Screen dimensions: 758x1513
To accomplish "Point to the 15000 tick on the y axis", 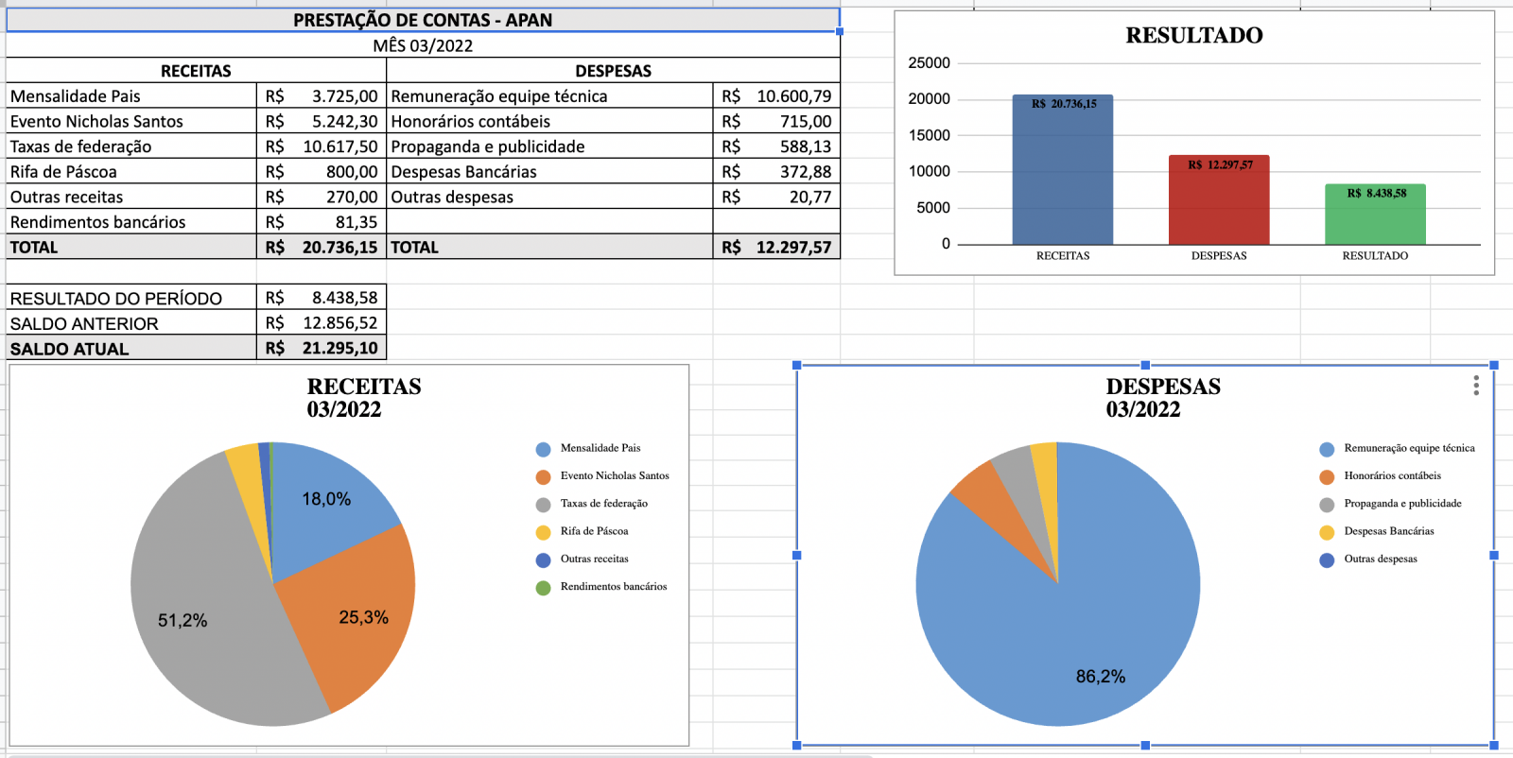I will coord(929,135).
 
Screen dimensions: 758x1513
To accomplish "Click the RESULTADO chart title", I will coord(1193,36).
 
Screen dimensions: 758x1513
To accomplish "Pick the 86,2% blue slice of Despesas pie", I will coord(1087,643).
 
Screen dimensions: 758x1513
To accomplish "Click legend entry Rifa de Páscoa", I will coord(594,531).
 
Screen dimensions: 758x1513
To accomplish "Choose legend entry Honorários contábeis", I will coord(1392,475).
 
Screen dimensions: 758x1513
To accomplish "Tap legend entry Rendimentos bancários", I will coord(613,587).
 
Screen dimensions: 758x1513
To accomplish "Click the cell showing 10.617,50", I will coord(339,146).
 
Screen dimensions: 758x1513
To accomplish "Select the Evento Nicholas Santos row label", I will coord(96,121).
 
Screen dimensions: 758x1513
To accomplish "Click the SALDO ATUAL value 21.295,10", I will coord(339,348).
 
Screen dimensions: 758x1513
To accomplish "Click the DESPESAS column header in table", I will coord(613,71).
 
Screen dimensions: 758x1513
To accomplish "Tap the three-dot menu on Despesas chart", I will coord(1475,386).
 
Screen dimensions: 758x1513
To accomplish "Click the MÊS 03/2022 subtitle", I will coord(423,45).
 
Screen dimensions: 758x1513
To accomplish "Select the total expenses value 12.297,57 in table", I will coord(792,248).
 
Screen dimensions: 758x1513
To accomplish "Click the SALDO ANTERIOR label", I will coord(84,323).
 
